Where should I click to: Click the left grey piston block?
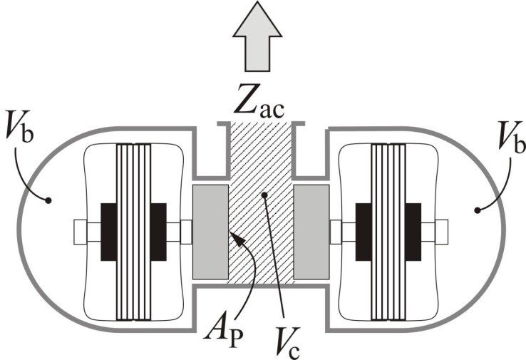(210, 232)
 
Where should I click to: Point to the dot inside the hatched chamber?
(263, 193)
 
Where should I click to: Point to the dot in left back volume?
(47, 202)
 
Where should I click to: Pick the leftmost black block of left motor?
(108, 232)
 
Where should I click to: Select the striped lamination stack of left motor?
(135, 232)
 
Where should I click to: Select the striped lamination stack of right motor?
(389, 232)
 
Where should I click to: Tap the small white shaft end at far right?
(440, 232)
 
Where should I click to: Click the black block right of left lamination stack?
(160, 232)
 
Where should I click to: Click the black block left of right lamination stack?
(363, 232)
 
